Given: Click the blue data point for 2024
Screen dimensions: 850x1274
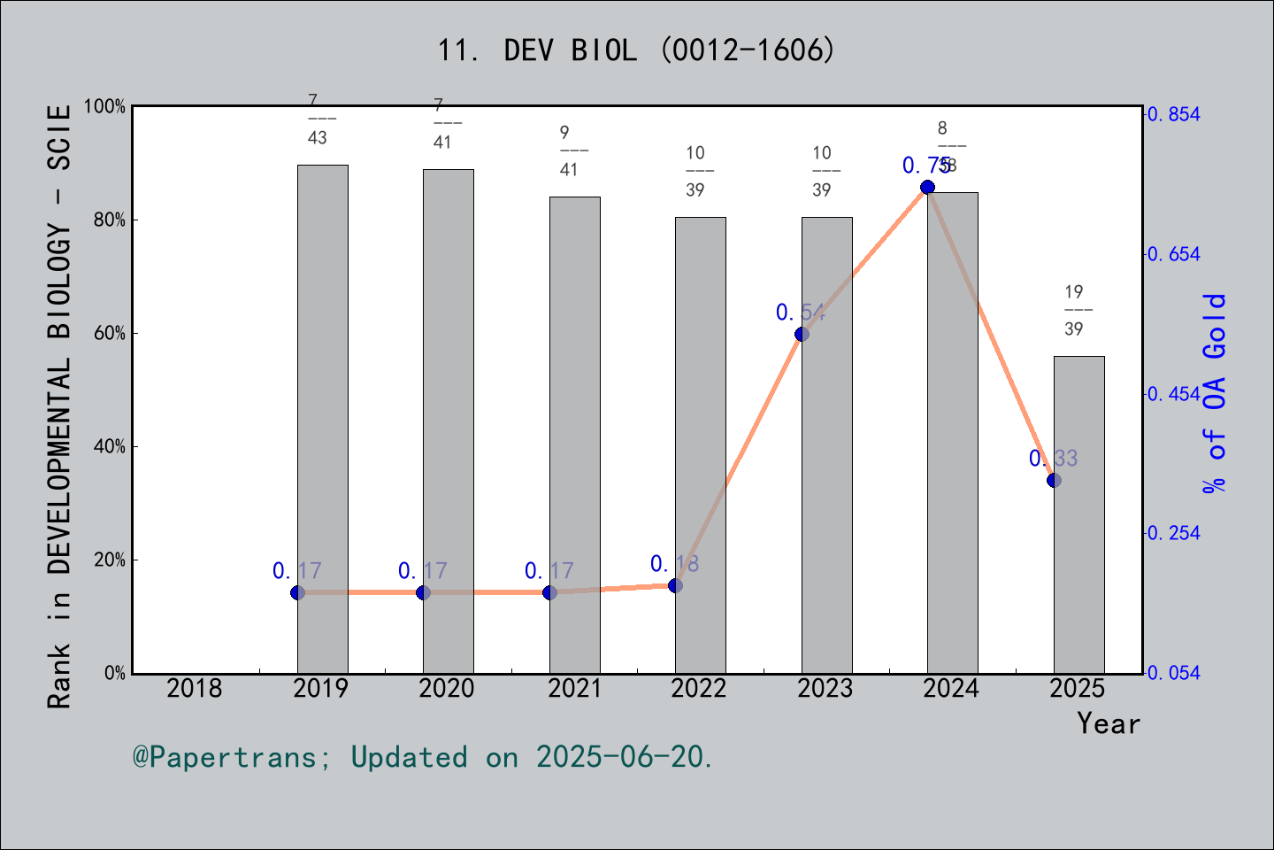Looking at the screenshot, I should click(927, 187).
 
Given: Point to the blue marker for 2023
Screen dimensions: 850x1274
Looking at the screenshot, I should click(802, 334).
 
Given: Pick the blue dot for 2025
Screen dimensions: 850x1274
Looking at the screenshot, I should click(1054, 480).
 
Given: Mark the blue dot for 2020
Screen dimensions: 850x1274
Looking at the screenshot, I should click(423, 592).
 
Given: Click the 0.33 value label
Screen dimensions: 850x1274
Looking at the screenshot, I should click(1053, 458).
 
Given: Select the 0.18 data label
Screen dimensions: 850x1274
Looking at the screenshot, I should click(674, 563).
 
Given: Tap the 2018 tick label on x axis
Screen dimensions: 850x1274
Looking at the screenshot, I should click(195, 688).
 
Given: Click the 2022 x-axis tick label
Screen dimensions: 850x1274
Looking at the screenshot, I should click(699, 688).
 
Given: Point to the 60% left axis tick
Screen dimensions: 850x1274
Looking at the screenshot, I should click(109, 333).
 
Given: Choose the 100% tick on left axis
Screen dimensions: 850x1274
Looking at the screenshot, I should click(104, 106).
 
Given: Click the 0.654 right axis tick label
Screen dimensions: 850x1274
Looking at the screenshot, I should click(1174, 254).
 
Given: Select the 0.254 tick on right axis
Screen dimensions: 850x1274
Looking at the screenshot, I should click(1174, 533).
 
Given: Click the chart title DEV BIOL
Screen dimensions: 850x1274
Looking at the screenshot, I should click(636, 50).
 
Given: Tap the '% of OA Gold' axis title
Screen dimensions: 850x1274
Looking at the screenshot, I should click(1215, 392).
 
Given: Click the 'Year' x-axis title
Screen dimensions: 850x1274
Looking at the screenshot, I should click(1108, 723).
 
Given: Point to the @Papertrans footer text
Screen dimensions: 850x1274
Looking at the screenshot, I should click(422, 757).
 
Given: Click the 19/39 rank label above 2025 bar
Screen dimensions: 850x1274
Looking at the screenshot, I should click(1074, 310).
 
